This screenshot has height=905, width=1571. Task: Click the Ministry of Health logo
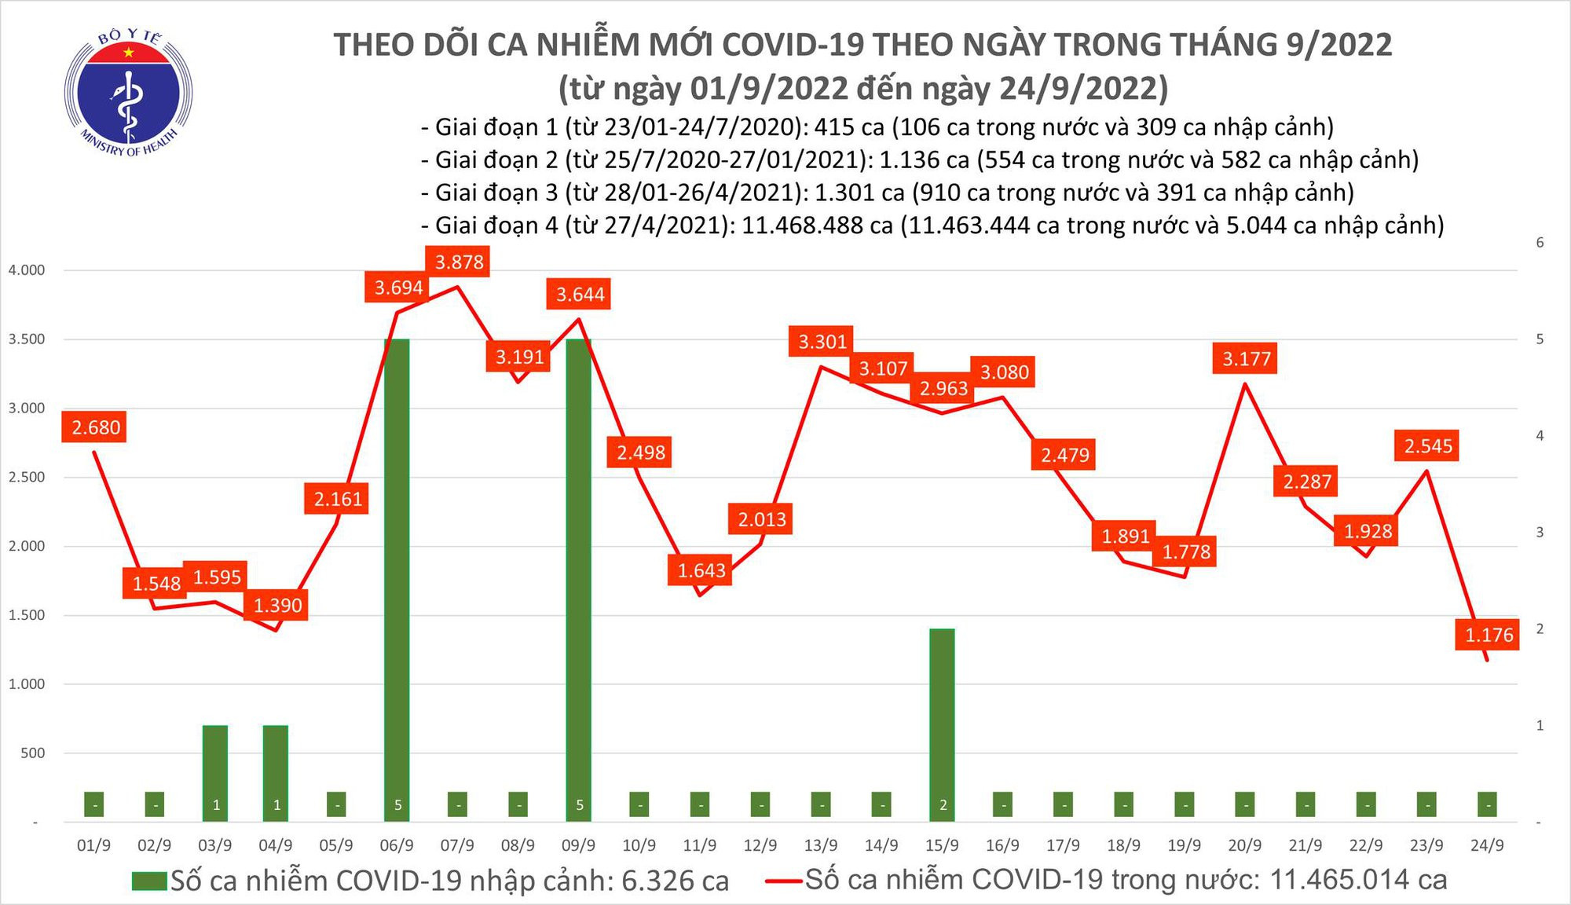tap(128, 92)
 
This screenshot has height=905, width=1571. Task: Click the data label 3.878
tap(459, 262)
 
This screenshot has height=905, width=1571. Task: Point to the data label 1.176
tap(1489, 635)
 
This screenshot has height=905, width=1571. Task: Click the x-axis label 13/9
tap(820, 846)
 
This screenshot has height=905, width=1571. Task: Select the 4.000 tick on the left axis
tap(27, 270)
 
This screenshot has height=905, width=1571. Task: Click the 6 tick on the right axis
tap(1540, 243)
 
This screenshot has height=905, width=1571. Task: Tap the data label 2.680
tap(96, 428)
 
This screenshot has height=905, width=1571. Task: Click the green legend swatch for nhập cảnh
tap(149, 881)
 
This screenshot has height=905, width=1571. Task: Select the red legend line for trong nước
tap(784, 881)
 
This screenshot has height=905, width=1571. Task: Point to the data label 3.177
tap(1246, 359)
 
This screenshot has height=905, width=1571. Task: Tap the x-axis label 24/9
tap(1486, 846)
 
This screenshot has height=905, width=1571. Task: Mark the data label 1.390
tap(277, 606)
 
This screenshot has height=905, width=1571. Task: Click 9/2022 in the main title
tap(1338, 45)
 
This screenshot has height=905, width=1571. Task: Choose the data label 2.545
tap(1428, 446)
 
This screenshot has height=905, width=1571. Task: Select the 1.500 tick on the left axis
tap(27, 615)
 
